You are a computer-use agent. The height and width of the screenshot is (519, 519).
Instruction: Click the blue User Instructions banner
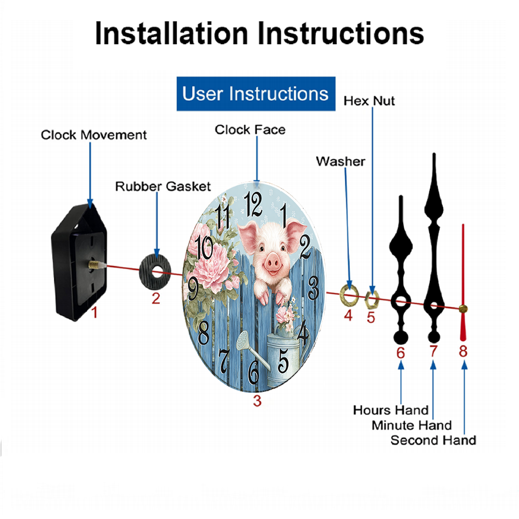[256, 94]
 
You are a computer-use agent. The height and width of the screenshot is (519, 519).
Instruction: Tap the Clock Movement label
[94, 135]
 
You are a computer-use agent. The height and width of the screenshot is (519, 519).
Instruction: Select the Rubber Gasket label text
[163, 186]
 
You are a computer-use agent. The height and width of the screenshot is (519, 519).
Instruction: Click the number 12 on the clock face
[254, 204]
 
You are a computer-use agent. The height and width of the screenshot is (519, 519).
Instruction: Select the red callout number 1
[94, 312]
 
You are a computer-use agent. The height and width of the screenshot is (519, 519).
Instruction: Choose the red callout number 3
[257, 401]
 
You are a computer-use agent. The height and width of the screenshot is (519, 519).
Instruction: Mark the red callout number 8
[463, 351]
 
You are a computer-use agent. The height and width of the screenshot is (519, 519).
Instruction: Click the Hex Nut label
[369, 101]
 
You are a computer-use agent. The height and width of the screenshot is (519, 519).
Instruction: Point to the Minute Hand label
[412, 426]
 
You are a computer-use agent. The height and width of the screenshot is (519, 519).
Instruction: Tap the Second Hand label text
[433, 441]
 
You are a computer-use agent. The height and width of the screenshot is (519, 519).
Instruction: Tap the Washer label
[340, 161]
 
